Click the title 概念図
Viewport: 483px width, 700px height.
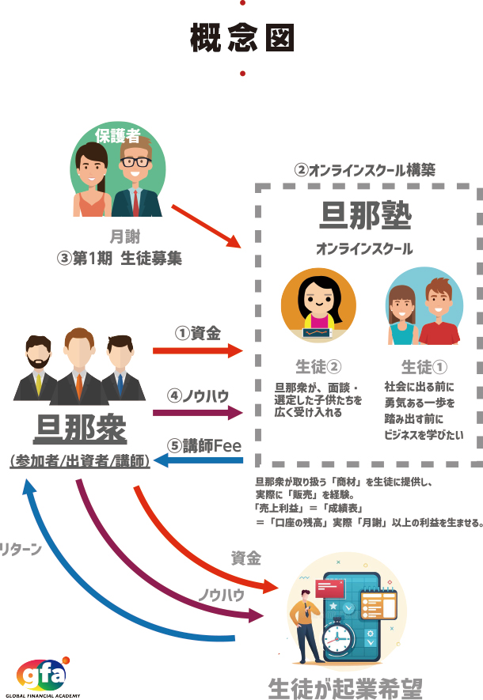(x=241, y=37)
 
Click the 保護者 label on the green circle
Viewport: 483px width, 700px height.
(x=117, y=135)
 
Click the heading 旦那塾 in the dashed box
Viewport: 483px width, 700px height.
(x=364, y=216)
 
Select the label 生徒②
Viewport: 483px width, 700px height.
(x=318, y=367)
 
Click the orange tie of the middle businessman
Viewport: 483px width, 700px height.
(x=79, y=384)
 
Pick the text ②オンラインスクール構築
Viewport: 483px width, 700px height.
(x=364, y=170)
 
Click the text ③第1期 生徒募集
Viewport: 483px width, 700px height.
(x=120, y=258)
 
